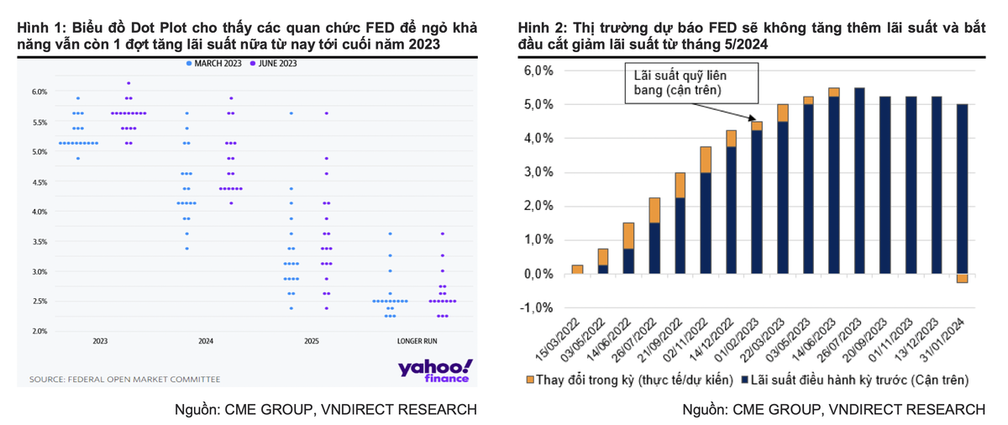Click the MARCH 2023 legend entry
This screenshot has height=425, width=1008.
(217, 63)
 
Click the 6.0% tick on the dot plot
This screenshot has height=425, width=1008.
(39, 92)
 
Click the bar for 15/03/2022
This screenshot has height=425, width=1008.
(577, 269)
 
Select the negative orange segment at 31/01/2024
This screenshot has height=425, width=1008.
(962, 278)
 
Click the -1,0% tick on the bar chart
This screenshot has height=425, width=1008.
(537, 307)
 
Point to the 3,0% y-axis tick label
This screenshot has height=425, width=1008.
(538, 172)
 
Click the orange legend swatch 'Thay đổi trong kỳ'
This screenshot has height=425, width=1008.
(529, 380)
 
